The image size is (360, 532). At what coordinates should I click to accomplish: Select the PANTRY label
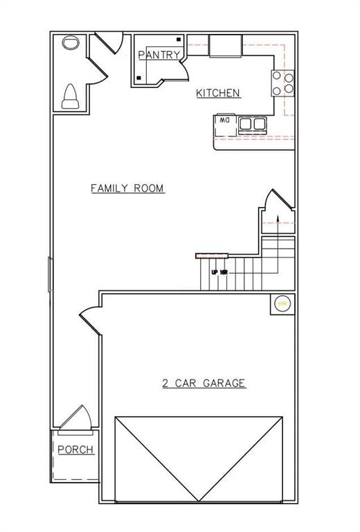pos(159,55)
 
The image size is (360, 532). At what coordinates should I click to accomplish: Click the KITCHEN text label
pos(218,93)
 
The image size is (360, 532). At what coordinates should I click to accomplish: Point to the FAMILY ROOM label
pos(127,188)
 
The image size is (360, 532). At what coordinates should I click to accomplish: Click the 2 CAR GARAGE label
pos(204,382)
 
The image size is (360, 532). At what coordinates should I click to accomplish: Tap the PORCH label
pos(75,450)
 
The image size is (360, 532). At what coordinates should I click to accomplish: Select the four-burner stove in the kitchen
pos(283,83)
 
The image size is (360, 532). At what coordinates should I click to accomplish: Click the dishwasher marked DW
pos(224,121)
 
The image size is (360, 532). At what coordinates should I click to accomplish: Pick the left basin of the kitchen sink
pos(246,124)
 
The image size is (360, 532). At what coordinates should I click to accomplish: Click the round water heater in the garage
pos(282,303)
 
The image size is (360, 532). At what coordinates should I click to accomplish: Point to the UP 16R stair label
pos(219,272)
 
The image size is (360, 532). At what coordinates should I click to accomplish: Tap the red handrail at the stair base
pos(207,256)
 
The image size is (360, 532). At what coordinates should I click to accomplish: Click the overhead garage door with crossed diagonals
pos(199,458)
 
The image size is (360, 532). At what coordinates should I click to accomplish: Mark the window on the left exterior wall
pos(49,274)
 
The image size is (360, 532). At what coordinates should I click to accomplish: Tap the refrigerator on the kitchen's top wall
pos(225,46)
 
